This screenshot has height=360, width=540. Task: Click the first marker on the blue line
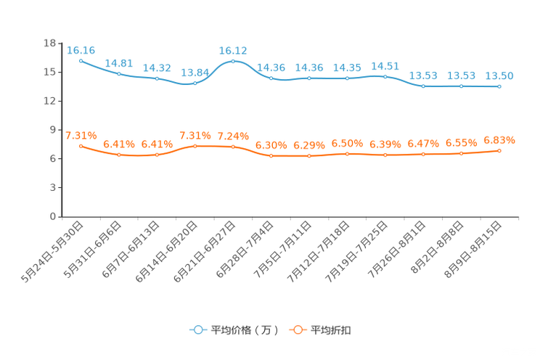81,61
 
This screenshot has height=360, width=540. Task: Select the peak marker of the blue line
233,61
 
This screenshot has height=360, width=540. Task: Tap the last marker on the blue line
499,86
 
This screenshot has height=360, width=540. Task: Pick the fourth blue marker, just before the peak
195,83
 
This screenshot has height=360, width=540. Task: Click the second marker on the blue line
119,73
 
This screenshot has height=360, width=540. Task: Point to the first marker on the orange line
81,146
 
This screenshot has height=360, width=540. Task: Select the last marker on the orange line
499,151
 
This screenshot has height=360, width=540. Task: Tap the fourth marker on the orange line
195,146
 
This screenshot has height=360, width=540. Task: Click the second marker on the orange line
119,155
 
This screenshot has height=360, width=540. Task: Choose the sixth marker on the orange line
271,156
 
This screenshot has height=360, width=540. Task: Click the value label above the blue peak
233,50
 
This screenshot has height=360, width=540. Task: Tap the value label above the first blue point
81,49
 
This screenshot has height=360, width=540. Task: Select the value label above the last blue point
499,75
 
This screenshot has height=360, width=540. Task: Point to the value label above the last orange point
499,139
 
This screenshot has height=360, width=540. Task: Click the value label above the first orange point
81,135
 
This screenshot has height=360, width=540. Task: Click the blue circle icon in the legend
197,330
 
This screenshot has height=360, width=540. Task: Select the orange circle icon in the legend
298,330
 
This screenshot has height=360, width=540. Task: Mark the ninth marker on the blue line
385,75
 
